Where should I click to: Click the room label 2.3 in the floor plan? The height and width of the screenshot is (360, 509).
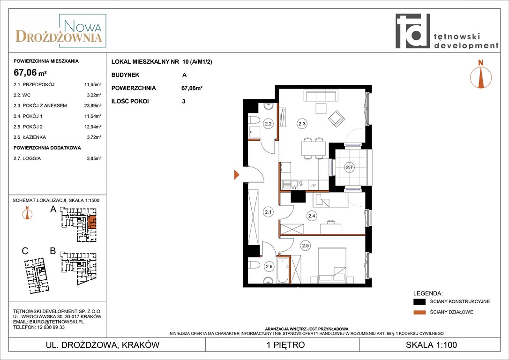click(x=302, y=124)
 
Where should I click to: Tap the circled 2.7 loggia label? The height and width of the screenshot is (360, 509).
click(x=349, y=167)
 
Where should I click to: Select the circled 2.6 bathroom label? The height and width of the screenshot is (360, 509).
click(x=269, y=267)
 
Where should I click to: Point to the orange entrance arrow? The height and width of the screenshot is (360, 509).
click(x=237, y=175)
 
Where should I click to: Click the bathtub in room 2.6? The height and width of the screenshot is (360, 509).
click(x=283, y=271)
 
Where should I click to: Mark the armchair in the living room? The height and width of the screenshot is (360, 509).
click(x=337, y=119)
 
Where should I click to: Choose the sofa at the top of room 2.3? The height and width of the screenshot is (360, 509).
click(x=321, y=96)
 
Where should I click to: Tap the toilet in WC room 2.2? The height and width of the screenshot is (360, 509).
click(x=254, y=120)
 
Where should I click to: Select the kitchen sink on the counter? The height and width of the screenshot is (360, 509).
click(x=290, y=185)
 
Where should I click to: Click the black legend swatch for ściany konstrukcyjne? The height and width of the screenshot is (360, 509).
click(x=419, y=301)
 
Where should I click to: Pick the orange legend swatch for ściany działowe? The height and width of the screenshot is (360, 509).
click(x=419, y=312)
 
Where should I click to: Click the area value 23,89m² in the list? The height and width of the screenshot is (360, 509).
click(x=93, y=105)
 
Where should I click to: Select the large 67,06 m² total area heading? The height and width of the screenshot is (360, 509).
click(x=30, y=72)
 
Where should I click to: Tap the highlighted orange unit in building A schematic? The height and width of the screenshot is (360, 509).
click(x=92, y=222)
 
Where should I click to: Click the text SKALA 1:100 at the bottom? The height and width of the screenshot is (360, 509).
click(x=431, y=345)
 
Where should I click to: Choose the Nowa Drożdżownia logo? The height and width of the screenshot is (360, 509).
click(x=61, y=31)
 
